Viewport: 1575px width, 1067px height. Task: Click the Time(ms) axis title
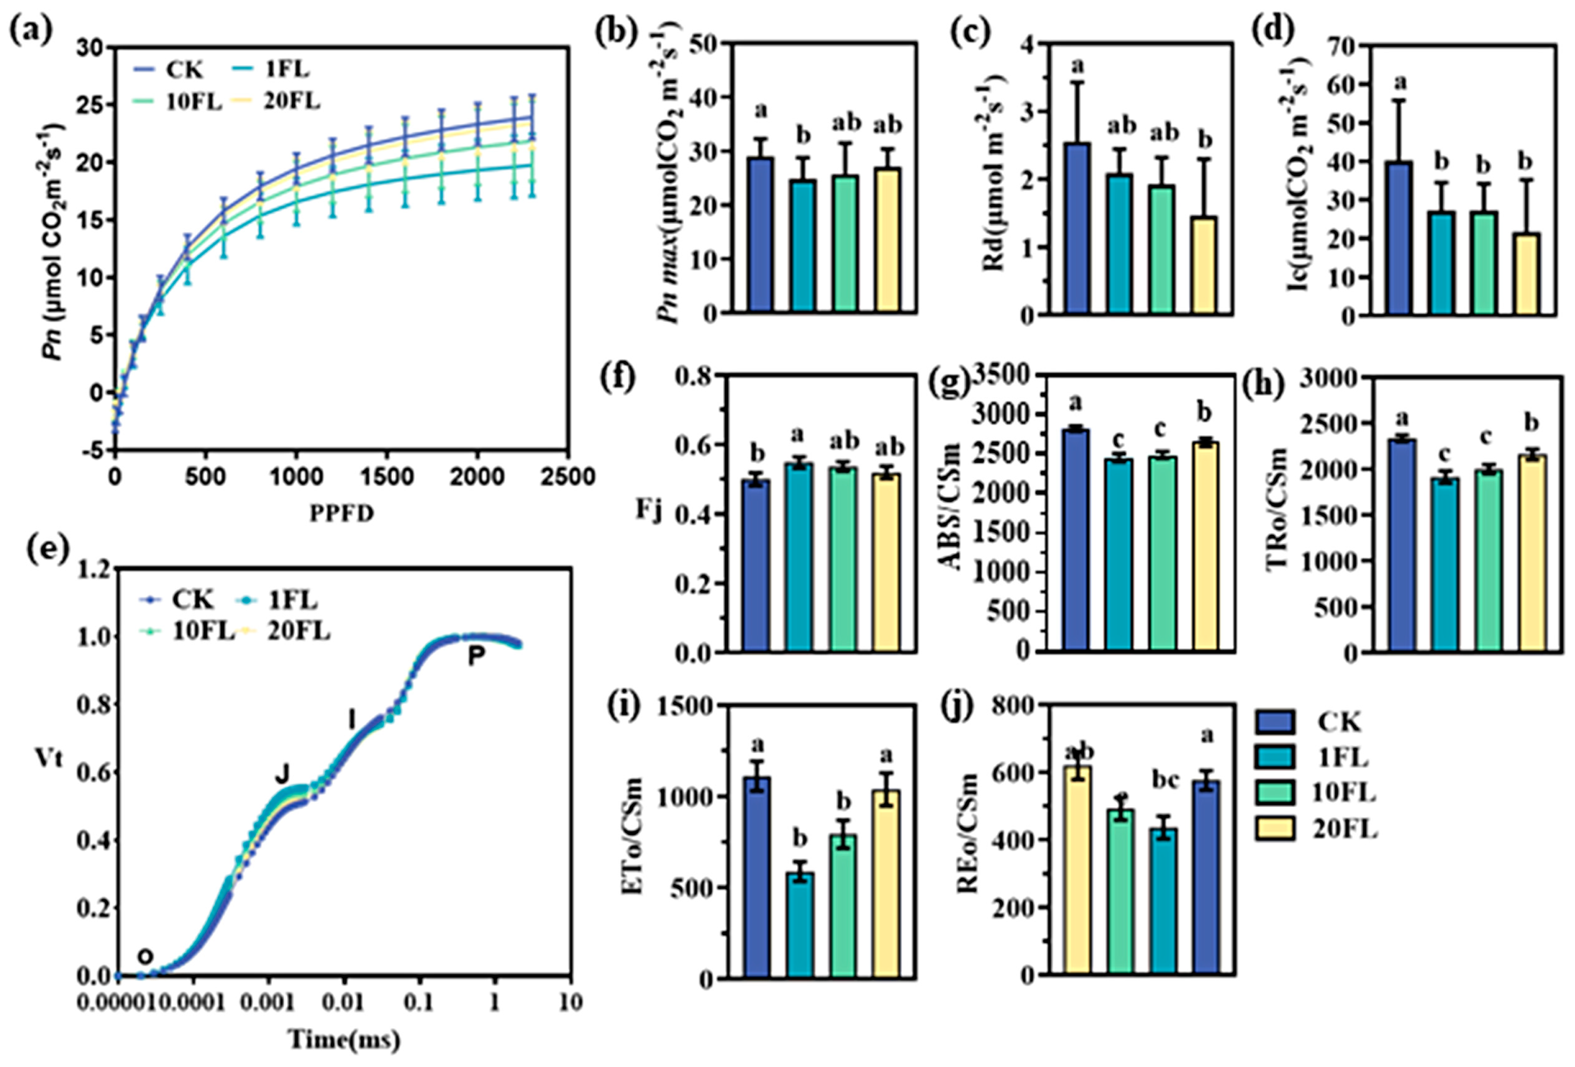tap(344, 1039)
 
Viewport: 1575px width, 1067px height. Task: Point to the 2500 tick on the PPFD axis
tap(567, 477)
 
